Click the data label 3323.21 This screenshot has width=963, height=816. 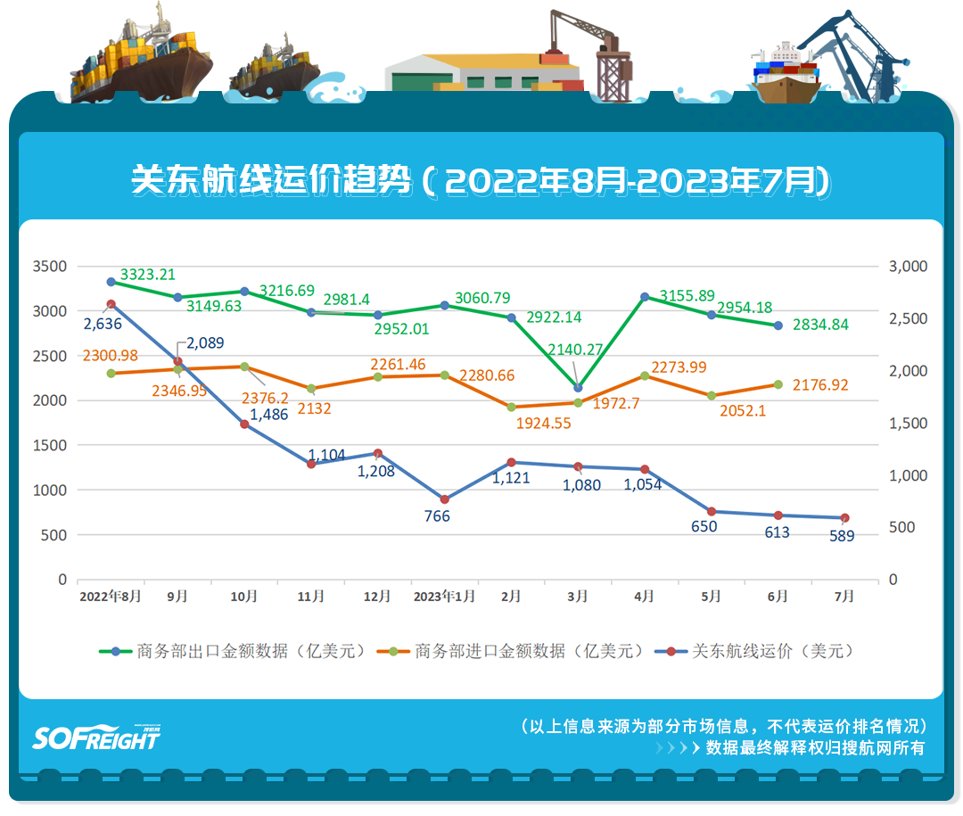click(148, 275)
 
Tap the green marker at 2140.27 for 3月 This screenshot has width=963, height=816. click(578, 388)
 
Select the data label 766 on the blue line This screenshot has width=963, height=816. click(437, 516)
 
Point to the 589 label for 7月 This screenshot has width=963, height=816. click(842, 536)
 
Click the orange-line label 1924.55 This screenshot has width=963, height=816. click(543, 424)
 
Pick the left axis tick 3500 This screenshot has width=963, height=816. click(50, 267)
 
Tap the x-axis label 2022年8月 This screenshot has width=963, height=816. click(111, 597)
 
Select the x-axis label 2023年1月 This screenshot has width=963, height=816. click(444, 597)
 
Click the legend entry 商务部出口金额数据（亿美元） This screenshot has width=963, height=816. click(234, 651)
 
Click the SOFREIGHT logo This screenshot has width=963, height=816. click(96, 737)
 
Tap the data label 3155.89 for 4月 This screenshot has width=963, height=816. click(687, 295)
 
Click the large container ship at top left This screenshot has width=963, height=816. click(143, 58)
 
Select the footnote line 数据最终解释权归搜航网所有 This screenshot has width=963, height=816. click(815, 748)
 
